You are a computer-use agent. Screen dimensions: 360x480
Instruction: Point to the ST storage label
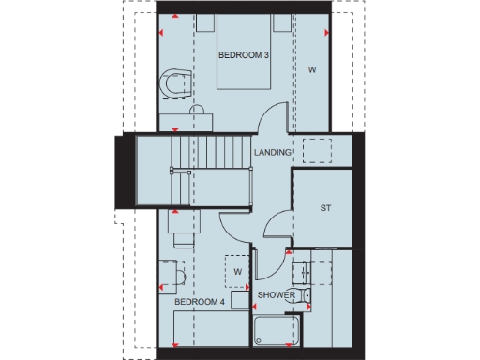[x=325, y=208]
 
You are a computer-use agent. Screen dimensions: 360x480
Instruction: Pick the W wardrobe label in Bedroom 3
[x=312, y=69]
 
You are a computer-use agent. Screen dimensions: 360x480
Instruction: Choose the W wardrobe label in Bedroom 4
[x=238, y=272]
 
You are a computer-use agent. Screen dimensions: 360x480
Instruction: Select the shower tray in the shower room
[x=276, y=330]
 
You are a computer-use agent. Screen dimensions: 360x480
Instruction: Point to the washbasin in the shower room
[x=302, y=274]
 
